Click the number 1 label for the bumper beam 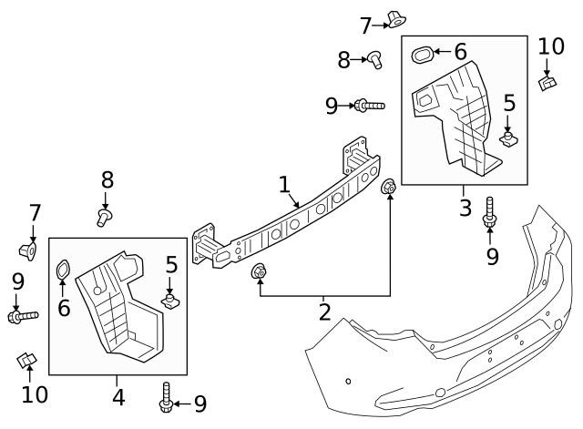[x=284, y=185]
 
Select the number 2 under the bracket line [x=324, y=312]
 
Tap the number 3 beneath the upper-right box [x=465, y=208]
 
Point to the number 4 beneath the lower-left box [x=118, y=397]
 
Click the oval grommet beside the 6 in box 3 [x=423, y=55]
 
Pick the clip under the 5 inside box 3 [x=508, y=138]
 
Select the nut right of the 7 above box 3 [x=397, y=19]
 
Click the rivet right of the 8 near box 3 [x=375, y=60]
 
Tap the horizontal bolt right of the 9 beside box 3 [x=370, y=106]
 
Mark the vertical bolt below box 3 [x=489, y=212]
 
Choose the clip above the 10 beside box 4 [x=27, y=360]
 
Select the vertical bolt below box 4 [x=166, y=397]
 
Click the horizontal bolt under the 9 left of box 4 [x=23, y=317]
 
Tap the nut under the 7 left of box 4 [x=28, y=250]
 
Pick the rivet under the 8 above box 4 [x=105, y=218]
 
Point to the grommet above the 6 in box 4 [x=63, y=270]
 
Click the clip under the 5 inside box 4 [x=170, y=301]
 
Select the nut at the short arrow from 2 [x=259, y=271]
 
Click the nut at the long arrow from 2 [x=389, y=186]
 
